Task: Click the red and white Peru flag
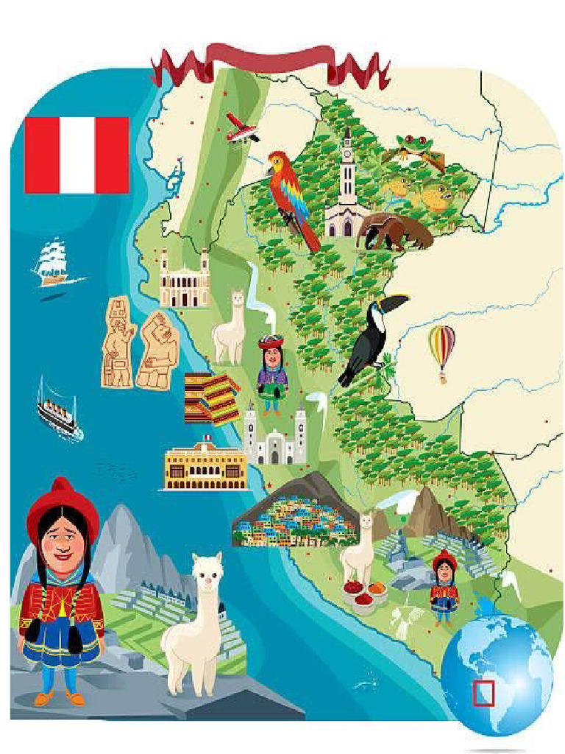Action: tap(77, 155)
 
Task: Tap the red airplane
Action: tap(241, 128)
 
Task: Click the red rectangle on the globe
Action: tap(483, 693)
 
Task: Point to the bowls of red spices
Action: tap(363, 593)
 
